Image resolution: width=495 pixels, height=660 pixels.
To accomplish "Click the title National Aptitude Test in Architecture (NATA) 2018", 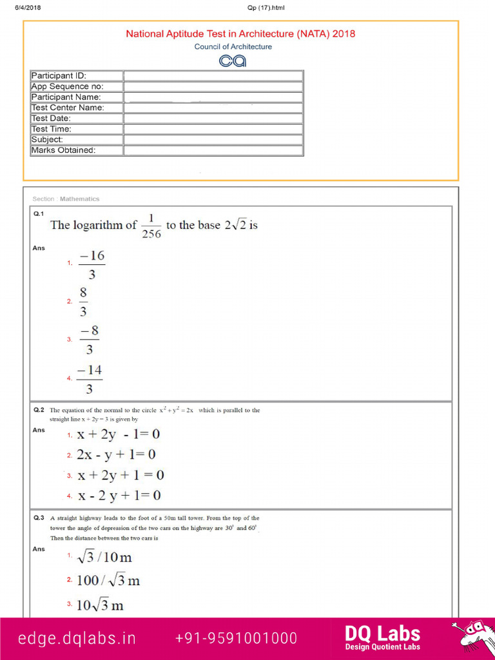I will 240,34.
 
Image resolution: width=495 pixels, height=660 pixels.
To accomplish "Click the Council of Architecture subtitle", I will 233,46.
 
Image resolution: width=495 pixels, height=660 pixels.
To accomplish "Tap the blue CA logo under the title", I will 233,61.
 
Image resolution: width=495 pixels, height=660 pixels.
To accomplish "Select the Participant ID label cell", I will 76,76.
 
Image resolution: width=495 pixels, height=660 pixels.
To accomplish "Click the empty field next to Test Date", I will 213,119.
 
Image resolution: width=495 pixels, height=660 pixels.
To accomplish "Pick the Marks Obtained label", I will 76,150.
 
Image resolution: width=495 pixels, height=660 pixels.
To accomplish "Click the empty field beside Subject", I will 213,140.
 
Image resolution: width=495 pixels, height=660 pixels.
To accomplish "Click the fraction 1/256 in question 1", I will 151,226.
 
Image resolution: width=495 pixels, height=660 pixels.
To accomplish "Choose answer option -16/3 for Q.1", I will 92,265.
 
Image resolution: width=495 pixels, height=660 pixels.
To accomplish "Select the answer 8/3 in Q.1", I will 83,302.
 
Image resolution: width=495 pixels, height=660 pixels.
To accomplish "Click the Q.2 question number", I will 38,410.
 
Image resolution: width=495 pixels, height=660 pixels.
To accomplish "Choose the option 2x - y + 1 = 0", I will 116,455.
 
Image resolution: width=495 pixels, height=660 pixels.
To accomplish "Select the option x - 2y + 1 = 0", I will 119,496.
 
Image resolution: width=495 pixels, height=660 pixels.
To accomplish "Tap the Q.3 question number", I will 38,518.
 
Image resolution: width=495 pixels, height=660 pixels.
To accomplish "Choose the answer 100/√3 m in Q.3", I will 108,581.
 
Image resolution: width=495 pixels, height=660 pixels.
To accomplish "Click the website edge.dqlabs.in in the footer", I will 77,638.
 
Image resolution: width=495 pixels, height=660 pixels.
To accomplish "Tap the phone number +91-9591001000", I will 236,638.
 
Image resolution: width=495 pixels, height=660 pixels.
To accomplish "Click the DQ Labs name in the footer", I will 382,634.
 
